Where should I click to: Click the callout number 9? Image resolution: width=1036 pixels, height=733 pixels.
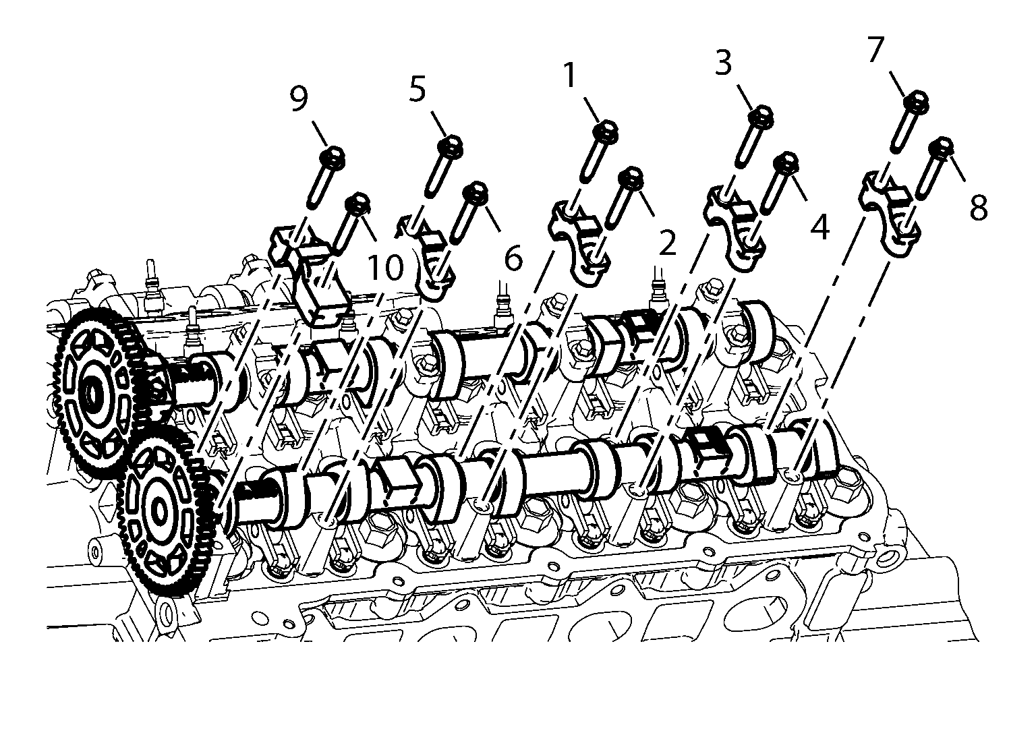(299, 99)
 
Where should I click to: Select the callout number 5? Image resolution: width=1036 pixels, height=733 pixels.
(418, 89)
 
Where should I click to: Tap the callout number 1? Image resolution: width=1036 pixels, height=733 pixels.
(569, 75)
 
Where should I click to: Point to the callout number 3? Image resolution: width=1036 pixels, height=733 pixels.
(724, 63)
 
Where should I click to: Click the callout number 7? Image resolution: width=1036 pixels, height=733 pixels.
(876, 49)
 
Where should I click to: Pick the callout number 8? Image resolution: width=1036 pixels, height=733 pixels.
(978, 207)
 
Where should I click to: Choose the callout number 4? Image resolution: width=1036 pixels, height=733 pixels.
(820, 227)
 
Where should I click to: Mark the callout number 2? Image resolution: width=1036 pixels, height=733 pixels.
(667, 242)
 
